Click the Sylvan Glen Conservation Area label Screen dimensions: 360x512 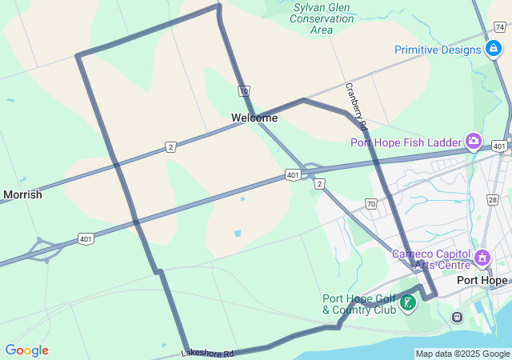coord(322,19)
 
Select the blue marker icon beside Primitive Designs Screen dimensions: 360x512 coord(494,50)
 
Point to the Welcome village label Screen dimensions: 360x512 coord(254,118)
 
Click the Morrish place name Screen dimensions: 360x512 coord(22,194)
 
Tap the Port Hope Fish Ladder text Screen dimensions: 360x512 coord(406,142)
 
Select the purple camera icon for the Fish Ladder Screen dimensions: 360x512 coord(474,142)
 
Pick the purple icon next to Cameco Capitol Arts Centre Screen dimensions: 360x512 coord(482,258)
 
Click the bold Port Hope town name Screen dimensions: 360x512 coord(482,281)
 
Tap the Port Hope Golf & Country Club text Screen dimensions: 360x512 coord(359,304)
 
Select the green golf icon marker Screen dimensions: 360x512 coord(409,302)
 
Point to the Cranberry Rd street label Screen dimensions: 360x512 coord(356,106)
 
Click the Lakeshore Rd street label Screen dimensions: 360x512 coord(207,352)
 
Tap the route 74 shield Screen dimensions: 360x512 coord(499,27)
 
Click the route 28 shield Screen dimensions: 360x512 coord(492,200)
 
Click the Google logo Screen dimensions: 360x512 coord(26,350)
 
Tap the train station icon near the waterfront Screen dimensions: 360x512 coord(457,317)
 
